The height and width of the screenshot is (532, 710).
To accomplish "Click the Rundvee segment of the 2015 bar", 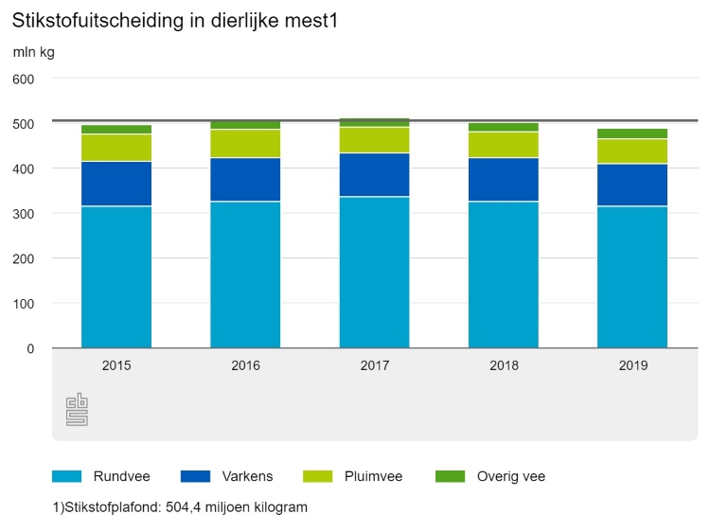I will pos(116,276).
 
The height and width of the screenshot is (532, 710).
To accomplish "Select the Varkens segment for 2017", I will pos(374,174).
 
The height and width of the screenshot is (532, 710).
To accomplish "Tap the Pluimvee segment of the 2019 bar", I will pos(632,151).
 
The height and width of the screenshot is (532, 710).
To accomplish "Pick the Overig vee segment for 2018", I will pos(503,127).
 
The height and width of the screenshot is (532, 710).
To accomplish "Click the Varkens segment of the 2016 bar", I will pos(245,179).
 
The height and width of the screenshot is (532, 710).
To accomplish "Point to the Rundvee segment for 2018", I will pos(503,275).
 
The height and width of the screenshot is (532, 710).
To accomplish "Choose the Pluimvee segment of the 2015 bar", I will pos(116,148).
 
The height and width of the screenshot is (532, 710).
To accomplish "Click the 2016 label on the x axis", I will pos(245,365).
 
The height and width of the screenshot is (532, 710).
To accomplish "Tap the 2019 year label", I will pos(632,365).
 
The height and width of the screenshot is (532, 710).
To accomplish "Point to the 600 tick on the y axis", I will pos(24,79).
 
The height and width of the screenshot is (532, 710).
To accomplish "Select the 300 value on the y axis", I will pos(24,214).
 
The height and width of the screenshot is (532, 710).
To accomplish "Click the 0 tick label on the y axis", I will pos(29,348).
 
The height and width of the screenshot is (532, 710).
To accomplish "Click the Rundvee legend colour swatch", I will pos(67,476).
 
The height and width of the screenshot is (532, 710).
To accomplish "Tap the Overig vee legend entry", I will pos(510,476).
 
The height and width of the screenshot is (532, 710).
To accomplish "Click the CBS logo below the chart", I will pos(77,409).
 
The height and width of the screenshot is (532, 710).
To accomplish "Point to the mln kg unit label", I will pos(33,52).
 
